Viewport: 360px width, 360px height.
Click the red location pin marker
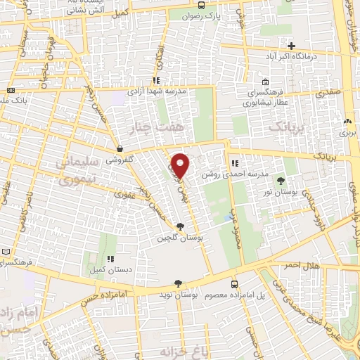[181, 165]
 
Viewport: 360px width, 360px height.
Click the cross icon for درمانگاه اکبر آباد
[292, 46]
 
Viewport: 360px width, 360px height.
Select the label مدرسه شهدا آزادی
[156, 91]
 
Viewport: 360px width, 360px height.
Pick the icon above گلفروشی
[121, 149]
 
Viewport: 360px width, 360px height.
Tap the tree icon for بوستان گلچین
[181, 226]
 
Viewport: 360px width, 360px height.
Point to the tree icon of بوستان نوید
[177, 283]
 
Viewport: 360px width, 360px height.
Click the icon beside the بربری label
[347, 121]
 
